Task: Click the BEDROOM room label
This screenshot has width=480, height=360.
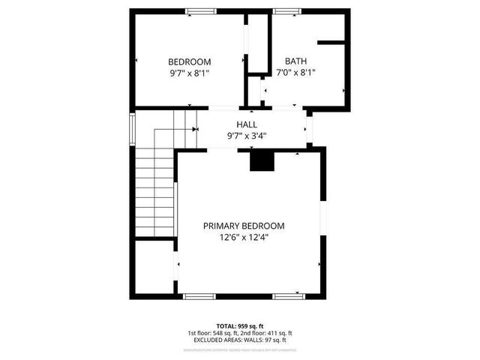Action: coord(189,61)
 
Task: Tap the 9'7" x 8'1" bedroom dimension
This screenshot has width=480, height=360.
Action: coord(189,73)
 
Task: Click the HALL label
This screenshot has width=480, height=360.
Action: coord(247,124)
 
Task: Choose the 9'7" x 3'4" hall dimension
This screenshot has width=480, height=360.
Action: coord(247,136)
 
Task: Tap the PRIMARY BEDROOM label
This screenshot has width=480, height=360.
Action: coord(244,226)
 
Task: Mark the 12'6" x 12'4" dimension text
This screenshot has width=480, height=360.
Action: coord(244,238)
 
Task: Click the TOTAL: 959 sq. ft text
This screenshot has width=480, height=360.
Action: coord(239,325)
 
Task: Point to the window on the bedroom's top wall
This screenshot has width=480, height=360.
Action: coord(199,10)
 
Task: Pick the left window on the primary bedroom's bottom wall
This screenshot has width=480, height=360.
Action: coord(199,296)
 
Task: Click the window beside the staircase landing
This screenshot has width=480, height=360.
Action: coord(132,127)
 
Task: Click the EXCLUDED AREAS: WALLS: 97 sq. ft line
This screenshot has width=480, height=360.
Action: coord(239,340)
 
